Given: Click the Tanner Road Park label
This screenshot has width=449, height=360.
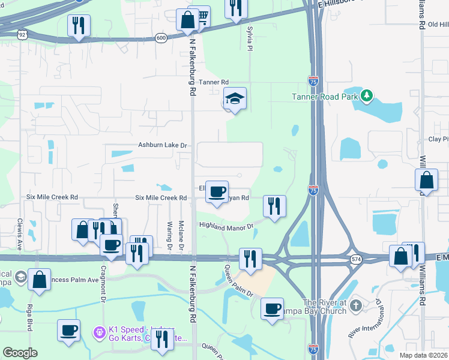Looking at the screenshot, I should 325,97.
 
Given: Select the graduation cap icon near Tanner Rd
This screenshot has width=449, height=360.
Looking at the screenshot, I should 235,99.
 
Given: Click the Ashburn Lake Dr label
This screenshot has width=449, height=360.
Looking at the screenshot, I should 163,145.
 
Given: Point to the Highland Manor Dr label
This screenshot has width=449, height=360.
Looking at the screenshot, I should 227,226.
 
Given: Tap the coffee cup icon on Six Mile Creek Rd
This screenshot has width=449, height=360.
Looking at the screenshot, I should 217,192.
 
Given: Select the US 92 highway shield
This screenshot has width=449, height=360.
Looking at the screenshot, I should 22,35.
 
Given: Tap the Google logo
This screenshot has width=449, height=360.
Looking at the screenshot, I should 20,353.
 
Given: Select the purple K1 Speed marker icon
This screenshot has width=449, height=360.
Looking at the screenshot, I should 99,331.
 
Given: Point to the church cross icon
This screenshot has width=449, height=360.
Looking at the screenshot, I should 356,305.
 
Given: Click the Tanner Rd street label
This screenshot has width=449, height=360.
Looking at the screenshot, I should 214,82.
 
